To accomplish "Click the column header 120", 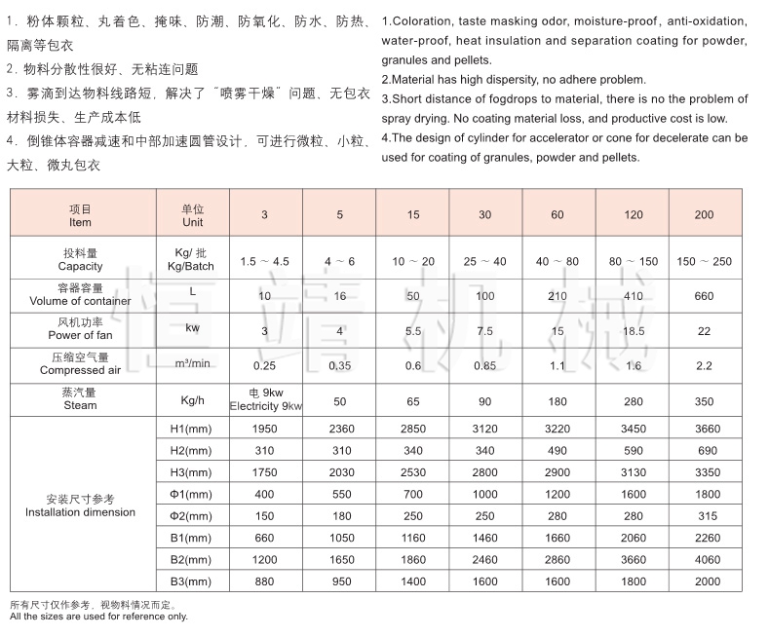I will point(633,215).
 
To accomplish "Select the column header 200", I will point(704,215).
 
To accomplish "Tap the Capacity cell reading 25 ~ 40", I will point(484,261).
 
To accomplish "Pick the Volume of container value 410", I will point(633,296).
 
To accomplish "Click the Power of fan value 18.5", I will point(633,331).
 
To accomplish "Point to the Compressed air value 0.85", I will point(484,366).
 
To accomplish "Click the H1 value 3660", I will point(704,429).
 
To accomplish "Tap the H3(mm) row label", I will point(191,472).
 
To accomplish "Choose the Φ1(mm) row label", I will point(191,495).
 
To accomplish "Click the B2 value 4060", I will point(704,560).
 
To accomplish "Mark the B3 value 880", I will point(266,581).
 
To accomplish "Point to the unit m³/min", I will point(191,364).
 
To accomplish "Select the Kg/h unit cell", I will point(191,399).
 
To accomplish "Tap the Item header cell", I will point(81,215).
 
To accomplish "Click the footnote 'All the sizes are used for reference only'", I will point(97,617).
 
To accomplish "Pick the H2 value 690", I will point(704,451).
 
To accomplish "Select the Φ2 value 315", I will point(704,516).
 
